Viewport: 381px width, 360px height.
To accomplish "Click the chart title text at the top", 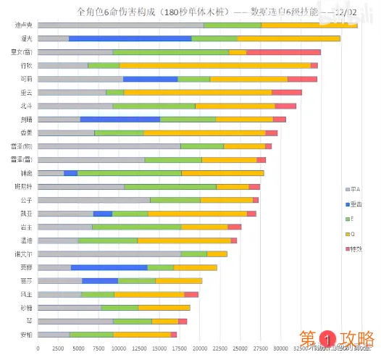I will [x=190, y=12].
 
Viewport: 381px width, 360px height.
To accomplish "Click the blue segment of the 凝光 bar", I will [x=130, y=38].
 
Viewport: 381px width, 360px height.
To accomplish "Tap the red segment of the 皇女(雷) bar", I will [x=283, y=52].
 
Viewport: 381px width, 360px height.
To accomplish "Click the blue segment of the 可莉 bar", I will [x=150, y=79].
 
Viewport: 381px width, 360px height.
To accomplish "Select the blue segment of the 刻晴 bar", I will [x=120, y=119].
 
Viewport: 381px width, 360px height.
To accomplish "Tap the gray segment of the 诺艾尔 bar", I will [x=109, y=254].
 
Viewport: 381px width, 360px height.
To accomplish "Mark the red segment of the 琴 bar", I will [x=183, y=321].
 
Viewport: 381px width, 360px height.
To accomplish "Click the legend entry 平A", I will [x=354, y=188].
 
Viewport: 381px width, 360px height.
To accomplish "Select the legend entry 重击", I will [x=355, y=204].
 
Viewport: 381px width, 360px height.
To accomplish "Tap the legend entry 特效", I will [x=355, y=249].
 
